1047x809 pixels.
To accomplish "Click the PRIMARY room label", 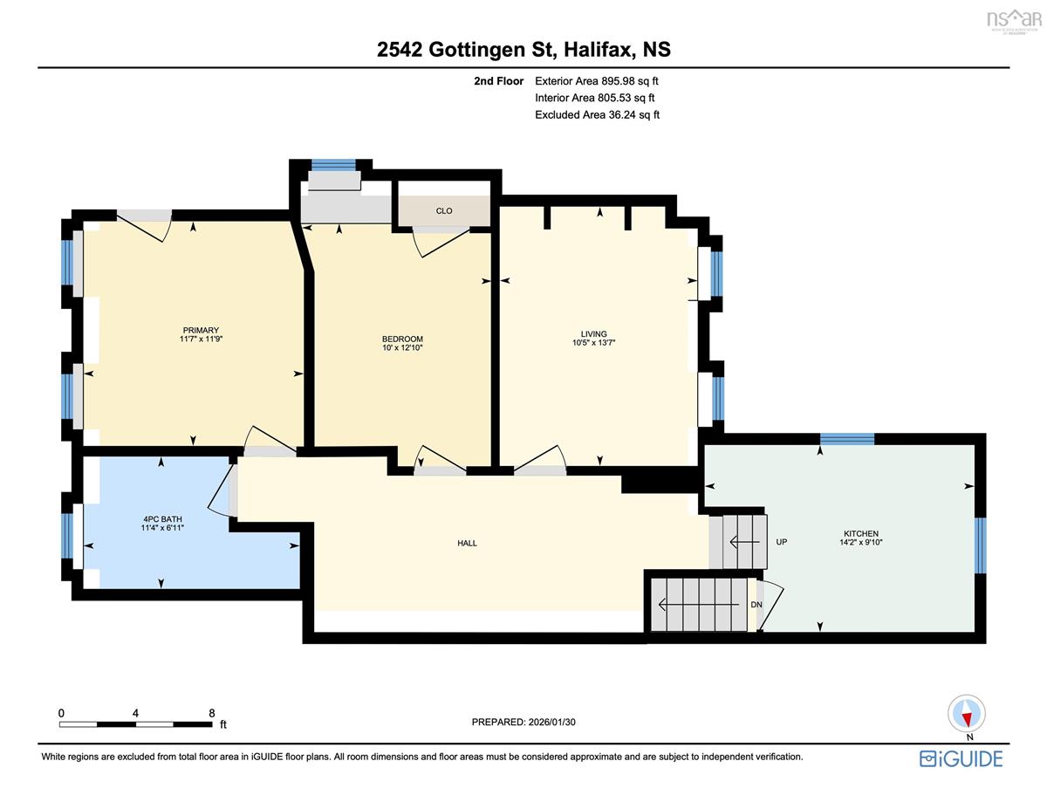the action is point(201,330).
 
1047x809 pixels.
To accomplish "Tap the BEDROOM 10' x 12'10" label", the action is point(402,343).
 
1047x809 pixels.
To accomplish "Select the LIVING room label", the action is point(593,334).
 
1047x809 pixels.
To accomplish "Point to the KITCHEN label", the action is point(861,533).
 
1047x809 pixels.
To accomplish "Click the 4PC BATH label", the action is point(162,519).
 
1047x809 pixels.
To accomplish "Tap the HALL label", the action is point(467,543).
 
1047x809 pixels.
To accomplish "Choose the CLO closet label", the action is point(444,211).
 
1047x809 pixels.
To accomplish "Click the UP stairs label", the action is point(782,542).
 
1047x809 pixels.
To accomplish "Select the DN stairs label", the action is point(756,604).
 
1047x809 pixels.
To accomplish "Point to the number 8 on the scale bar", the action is point(211,713).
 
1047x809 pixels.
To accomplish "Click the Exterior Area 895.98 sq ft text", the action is point(597,81).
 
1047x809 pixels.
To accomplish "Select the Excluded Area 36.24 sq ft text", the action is point(597,114).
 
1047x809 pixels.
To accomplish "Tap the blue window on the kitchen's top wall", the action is point(847,439).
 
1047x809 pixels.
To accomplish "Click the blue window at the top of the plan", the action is point(333,165).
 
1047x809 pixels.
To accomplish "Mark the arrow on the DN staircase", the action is point(699,604).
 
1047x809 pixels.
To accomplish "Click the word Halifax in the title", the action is point(598,50).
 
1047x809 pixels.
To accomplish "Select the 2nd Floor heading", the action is point(498,81).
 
